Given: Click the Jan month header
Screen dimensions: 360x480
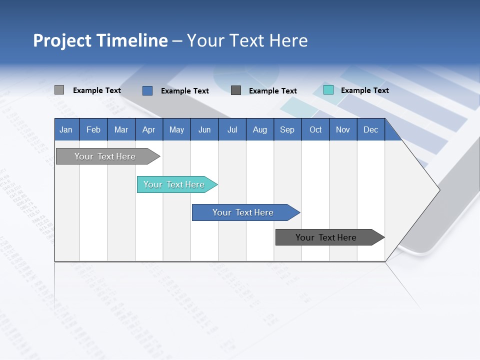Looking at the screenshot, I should [x=66, y=129].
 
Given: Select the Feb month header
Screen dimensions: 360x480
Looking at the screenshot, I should [x=93, y=129].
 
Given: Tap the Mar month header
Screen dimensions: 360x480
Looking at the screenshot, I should [x=121, y=129].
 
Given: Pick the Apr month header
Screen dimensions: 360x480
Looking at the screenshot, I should [x=149, y=129].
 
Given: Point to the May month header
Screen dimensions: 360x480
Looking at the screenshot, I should [x=176, y=129].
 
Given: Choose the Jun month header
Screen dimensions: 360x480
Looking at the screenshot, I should [x=204, y=129].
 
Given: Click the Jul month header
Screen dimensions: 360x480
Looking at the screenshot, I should [x=232, y=129].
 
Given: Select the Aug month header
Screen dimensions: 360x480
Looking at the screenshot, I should [x=260, y=129].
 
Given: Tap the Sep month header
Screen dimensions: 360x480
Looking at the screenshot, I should [x=287, y=129].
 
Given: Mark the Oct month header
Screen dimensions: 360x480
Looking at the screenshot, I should [x=315, y=129].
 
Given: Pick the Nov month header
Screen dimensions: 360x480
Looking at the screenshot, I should [x=343, y=129].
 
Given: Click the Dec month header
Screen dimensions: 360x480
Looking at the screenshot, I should [x=371, y=129].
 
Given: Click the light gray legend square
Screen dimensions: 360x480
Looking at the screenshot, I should [x=59, y=90].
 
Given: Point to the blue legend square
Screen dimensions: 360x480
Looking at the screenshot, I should [x=147, y=90].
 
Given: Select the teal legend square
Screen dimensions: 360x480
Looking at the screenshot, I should [x=328, y=90].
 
